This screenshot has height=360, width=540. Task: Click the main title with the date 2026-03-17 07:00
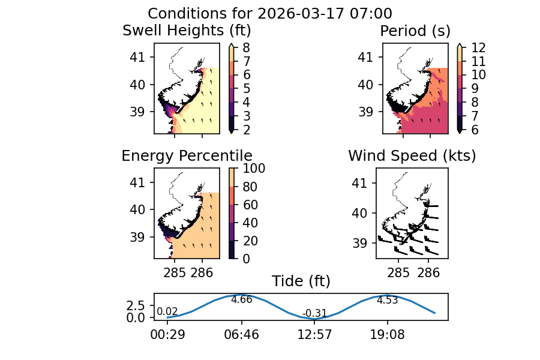click(270, 14)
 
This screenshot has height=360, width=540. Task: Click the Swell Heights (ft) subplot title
click(187, 31)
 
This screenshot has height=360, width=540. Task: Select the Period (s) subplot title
click(415, 31)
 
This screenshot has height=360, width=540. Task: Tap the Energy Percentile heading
click(187, 156)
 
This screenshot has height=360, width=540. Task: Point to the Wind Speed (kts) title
click(412, 156)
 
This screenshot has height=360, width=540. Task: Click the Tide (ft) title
click(301, 281)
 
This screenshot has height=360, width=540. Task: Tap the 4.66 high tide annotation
click(241, 299)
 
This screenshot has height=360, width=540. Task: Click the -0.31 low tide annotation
click(315, 313)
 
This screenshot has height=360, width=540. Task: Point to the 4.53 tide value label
click(387, 300)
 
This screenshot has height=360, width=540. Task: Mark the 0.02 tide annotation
click(167, 311)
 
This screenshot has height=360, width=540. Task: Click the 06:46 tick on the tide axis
click(241, 334)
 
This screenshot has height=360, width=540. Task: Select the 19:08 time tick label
click(387, 334)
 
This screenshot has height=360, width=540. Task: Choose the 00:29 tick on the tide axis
click(167, 334)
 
